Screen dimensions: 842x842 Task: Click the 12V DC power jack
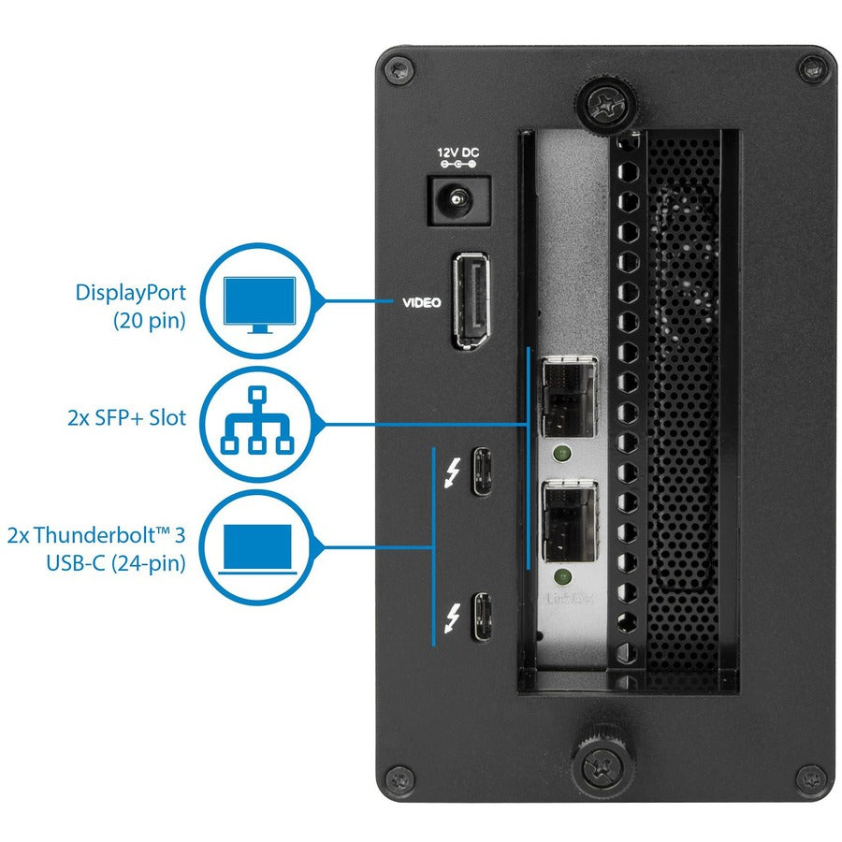458,199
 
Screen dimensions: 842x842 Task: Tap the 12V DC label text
458,152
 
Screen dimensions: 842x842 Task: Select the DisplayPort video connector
475,302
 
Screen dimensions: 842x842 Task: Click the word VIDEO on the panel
422,303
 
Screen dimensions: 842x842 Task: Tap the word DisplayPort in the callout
131,292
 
